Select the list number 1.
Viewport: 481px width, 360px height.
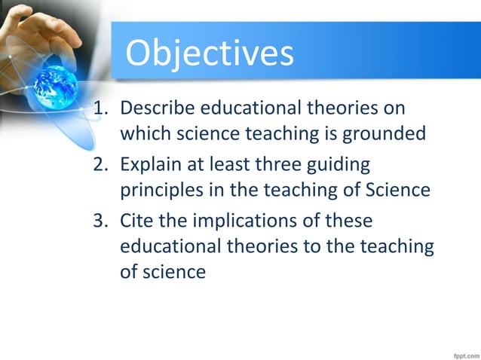click(x=98, y=108)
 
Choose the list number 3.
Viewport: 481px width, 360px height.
click(x=98, y=221)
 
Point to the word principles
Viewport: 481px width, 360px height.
click(x=160, y=190)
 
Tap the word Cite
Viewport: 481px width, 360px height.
click(x=138, y=221)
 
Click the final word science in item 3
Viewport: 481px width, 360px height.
click(x=176, y=271)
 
